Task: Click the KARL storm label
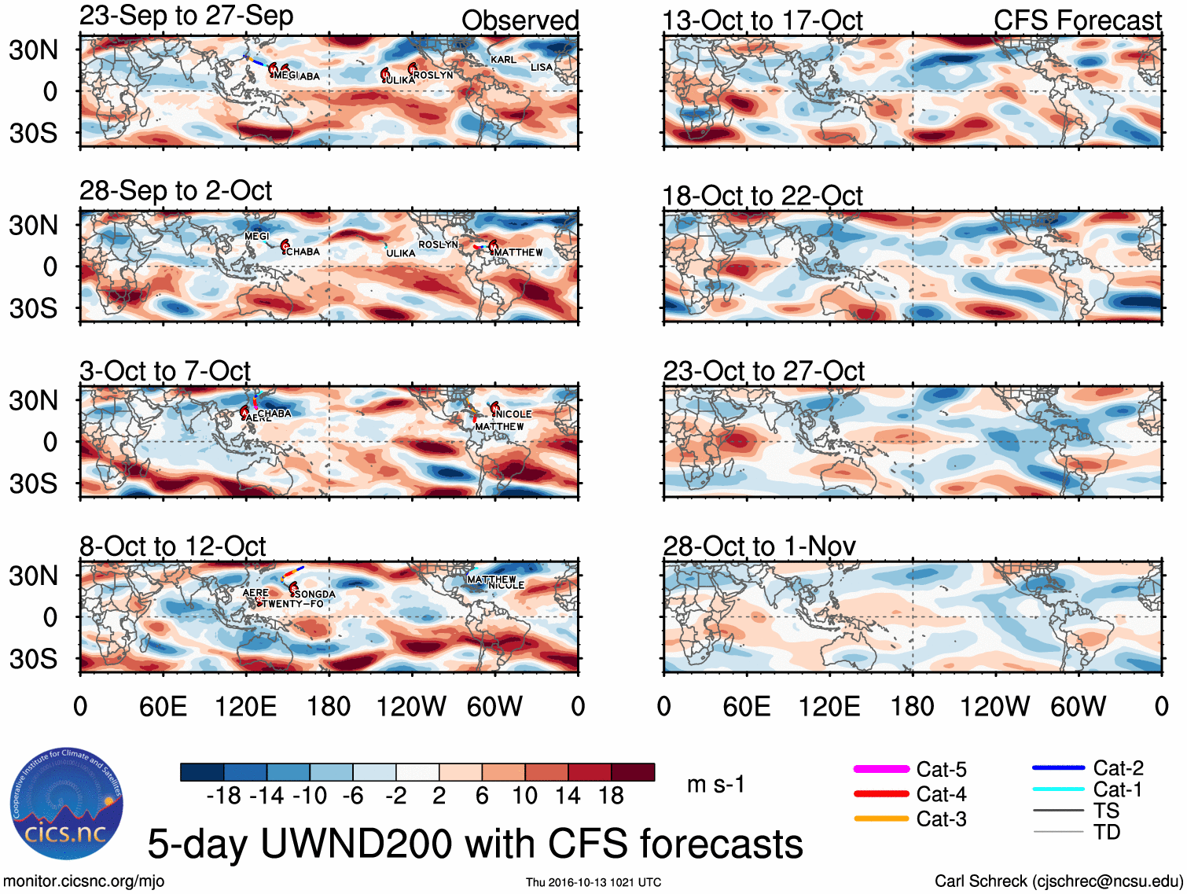pyautogui.click(x=503, y=60)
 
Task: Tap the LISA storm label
pyautogui.click(x=541, y=68)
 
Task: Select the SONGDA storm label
pyautogui.click(x=314, y=594)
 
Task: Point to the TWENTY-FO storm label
pyautogui.click(x=292, y=604)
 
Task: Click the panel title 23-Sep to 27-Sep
pyautogui.click(x=186, y=16)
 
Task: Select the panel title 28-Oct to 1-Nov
pyautogui.click(x=759, y=546)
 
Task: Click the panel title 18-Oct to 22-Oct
pyautogui.click(x=762, y=196)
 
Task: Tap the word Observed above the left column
pyautogui.click(x=520, y=20)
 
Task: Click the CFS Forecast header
pyautogui.click(x=1077, y=20)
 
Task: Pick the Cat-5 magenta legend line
pyautogui.click(x=880, y=769)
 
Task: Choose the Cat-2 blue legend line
pyautogui.click(x=1058, y=767)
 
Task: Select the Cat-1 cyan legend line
pyautogui.click(x=1058, y=789)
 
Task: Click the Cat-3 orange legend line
pyautogui.click(x=880, y=819)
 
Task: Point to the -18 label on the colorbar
pyautogui.click(x=224, y=796)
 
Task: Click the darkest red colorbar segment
pyautogui.click(x=633, y=772)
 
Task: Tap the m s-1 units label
pyautogui.click(x=715, y=785)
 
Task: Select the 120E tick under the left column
pyautogui.click(x=245, y=706)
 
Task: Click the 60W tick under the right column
pyautogui.click(x=1078, y=706)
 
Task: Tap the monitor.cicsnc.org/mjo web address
pyautogui.click(x=84, y=881)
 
